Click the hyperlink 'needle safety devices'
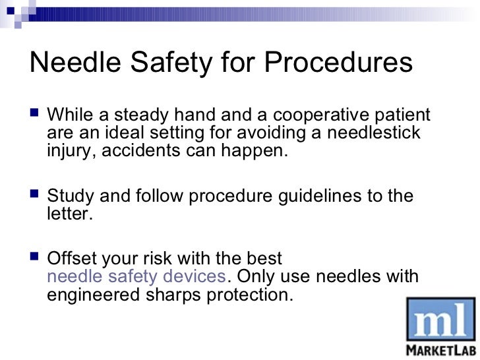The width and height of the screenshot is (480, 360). [x=136, y=277]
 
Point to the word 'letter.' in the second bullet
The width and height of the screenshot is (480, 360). [x=67, y=214]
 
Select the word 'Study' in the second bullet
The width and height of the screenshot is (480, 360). [x=69, y=196]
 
